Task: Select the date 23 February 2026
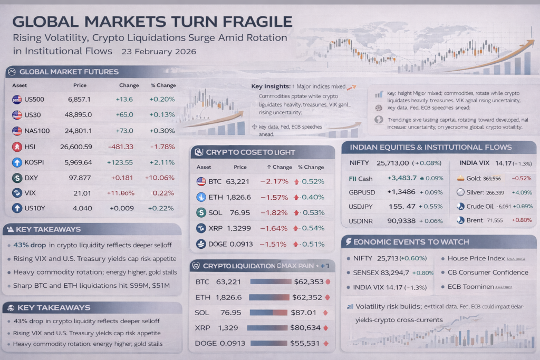tap(159, 52)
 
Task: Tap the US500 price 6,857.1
tap(80, 99)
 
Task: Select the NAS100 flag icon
tap(17, 131)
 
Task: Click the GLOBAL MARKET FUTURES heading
tap(69, 72)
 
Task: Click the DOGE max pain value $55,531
tap(305, 343)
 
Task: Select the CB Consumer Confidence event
tap(488, 273)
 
